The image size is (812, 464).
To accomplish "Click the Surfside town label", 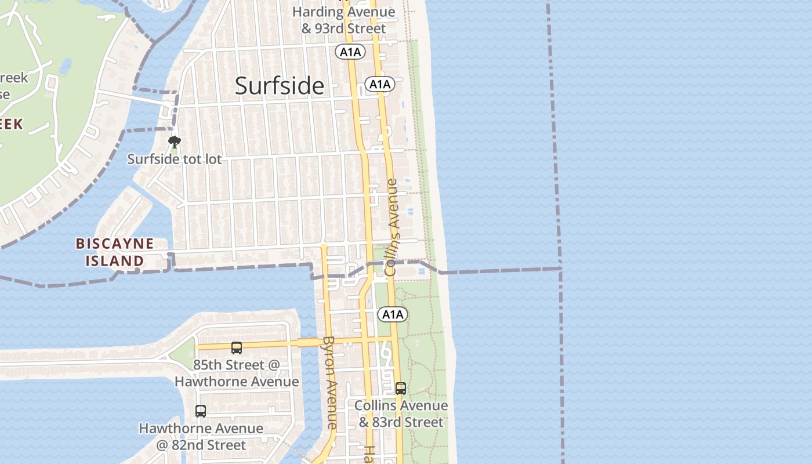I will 280,86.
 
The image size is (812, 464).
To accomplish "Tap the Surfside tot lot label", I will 175,159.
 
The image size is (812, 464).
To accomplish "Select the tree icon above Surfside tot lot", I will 173,141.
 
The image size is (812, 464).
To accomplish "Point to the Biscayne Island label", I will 115,252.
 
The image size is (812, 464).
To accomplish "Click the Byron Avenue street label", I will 329,382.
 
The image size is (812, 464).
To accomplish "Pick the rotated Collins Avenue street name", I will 393,227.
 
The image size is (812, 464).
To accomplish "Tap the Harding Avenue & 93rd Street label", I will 343,20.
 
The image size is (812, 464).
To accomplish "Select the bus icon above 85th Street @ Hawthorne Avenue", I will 237,348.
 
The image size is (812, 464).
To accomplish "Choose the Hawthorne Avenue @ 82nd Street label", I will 201,437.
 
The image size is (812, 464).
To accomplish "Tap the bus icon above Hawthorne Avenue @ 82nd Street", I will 201,411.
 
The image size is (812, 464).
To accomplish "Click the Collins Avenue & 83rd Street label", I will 401,414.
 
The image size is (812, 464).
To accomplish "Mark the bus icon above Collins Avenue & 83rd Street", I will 401,389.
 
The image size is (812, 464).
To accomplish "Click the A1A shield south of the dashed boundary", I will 393,315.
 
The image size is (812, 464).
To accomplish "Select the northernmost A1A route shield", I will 350,52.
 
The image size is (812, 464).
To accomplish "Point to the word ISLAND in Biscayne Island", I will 115,261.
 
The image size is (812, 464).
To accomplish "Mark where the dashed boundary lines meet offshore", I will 560,268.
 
